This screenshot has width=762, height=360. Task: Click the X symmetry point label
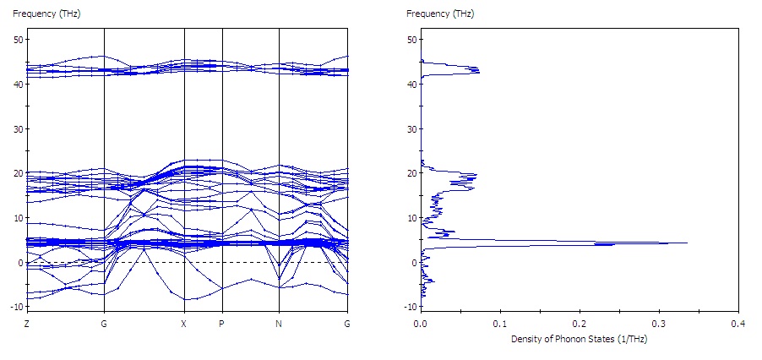(184, 324)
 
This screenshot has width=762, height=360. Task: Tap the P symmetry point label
(222, 324)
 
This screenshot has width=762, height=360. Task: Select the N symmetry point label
(279, 324)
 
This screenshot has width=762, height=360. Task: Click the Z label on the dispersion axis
(27, 324)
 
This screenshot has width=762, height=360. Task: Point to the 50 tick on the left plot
(18, 40)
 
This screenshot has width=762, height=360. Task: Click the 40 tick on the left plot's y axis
(18, 85)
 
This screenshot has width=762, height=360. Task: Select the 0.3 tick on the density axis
(659, 324)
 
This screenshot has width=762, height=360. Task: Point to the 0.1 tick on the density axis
(500, 324)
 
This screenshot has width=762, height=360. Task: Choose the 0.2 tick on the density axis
(580, 324)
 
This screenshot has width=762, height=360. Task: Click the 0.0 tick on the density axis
(420, 324)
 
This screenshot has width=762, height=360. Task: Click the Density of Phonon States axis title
(579, 339)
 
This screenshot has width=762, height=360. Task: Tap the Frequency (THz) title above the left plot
(41, 14)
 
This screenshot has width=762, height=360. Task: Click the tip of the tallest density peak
(687, 243)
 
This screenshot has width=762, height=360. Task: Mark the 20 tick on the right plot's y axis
(411, 173)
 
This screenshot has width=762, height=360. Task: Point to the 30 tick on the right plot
(411, 129)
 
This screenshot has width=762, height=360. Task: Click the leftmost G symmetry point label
(103, 324)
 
